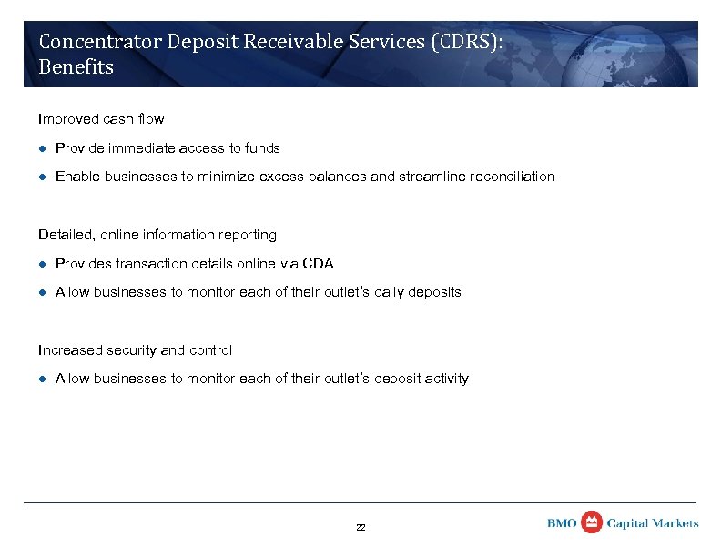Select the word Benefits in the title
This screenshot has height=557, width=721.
[76, 67]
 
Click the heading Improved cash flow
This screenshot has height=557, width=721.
[100, 119]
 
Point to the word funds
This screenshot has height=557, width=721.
[261, 148]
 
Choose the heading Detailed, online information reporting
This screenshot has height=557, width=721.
[157, 235]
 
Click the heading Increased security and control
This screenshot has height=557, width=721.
[135, 350]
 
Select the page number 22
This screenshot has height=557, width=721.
[360, 528]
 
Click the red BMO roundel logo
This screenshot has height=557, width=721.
[592, 522]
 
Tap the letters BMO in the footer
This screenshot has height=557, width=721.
[563, 523]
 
